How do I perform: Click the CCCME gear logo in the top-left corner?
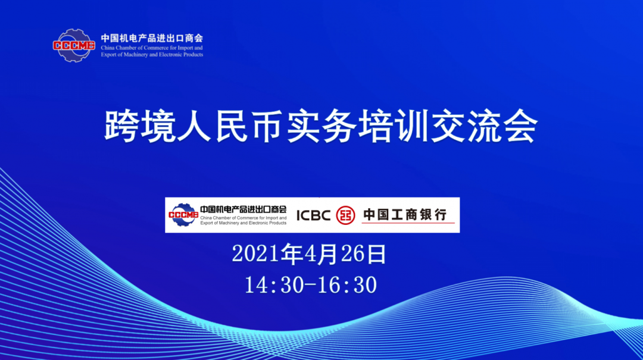point(74,45)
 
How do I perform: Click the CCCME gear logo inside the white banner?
point(183,215)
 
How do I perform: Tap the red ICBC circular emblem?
point(345,215)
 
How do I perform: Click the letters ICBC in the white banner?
point(313,215)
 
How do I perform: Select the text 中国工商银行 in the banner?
point(405,214)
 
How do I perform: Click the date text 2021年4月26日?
point(309,254)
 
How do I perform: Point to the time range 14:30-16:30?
point(310,284)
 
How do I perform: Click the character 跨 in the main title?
point(121,126)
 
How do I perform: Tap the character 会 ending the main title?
point(521,126)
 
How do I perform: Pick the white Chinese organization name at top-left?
point(152,38)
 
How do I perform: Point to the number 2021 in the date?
point(256,254)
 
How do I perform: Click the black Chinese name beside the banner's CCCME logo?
point(243,209)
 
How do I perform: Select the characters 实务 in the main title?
point(321,126)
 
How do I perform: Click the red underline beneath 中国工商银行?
point(408,223)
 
